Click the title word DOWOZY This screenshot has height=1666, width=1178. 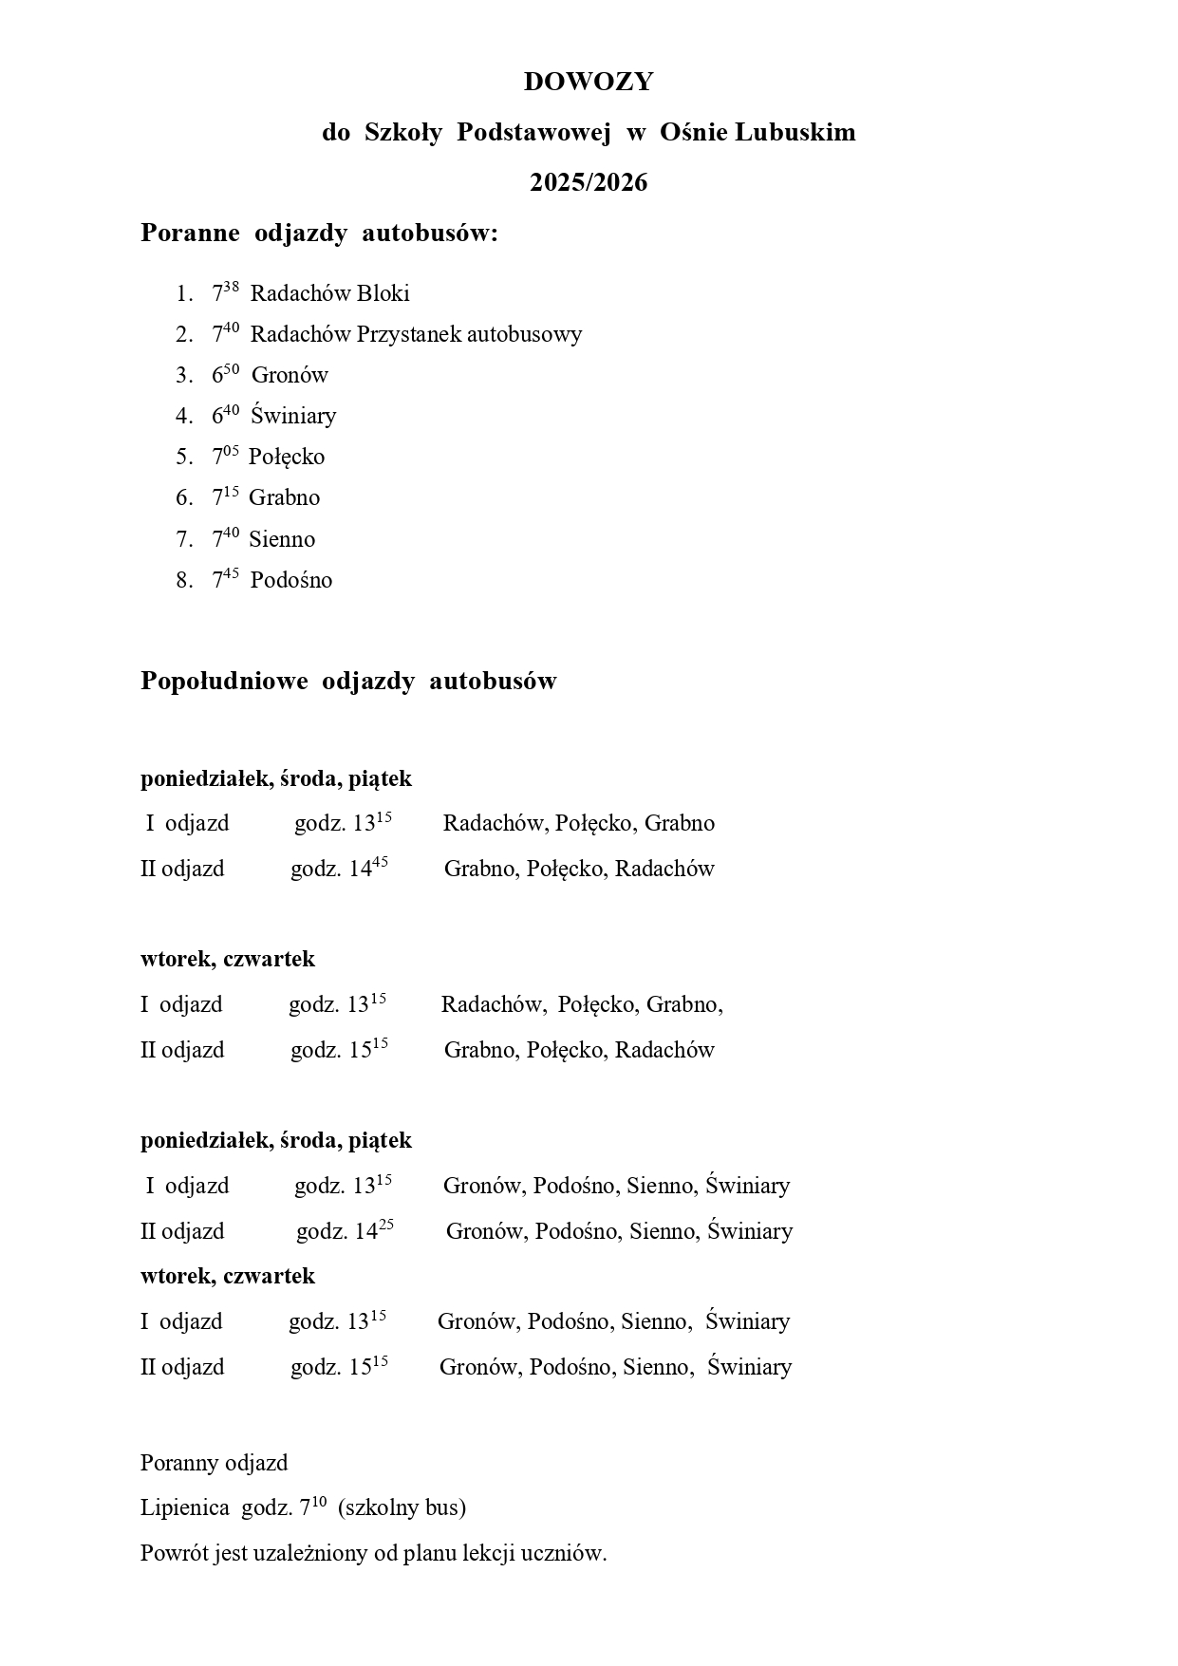[589, 83]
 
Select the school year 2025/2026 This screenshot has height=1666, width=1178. [589, 182]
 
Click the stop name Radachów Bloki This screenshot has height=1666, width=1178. [329, 294]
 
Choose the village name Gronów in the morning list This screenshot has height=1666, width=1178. [290, 376]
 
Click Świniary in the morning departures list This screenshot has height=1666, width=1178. [293, 417]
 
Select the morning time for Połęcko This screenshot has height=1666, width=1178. [225, 457]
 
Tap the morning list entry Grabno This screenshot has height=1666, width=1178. [284, 498]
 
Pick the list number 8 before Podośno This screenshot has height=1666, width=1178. [183, 581]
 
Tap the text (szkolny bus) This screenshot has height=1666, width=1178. [402, 1507]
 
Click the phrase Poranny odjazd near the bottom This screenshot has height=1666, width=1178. [214, 1463]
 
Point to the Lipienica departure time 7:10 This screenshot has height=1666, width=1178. [312, 1507]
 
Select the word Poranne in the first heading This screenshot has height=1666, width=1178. [190, 234]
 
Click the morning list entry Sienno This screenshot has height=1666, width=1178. [282, 540]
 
